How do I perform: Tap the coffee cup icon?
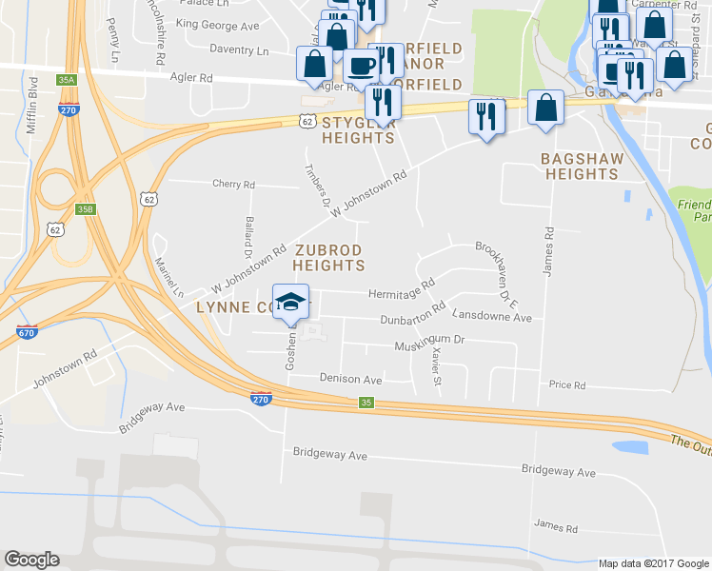[361, 66]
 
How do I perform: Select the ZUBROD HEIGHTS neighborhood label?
[328, 257]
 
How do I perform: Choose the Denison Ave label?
[350, 379]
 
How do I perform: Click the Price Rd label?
[566, 384]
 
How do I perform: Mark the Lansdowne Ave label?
[491, 316]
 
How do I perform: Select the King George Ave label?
[217, 27]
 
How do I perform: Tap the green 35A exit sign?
[66, 80]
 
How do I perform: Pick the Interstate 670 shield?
[28, 332]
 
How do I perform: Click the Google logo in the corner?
[32, 560]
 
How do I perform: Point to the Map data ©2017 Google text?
[652, 563]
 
